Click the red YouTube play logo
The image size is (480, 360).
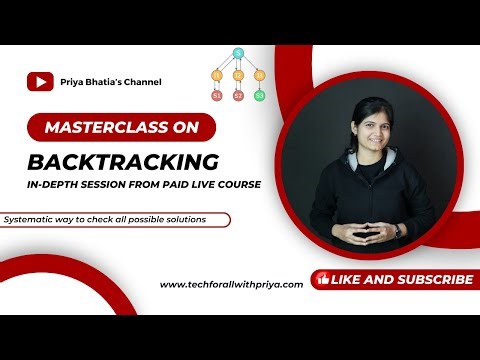(x=40, y=82)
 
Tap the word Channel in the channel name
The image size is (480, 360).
(x=140, y=82)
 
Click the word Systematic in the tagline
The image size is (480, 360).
(x=30, y=219)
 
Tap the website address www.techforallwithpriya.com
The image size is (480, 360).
(x=232, y=284)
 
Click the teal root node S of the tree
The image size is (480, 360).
(x=238, y=52)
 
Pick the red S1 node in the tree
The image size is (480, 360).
(x=216, y=96)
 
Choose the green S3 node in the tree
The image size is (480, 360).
(x=260, y=96)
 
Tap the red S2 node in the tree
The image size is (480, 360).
(x=238, y=96)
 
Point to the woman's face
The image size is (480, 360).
(x=358, y=131)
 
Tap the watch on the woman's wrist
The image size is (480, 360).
(x=396, y=230)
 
